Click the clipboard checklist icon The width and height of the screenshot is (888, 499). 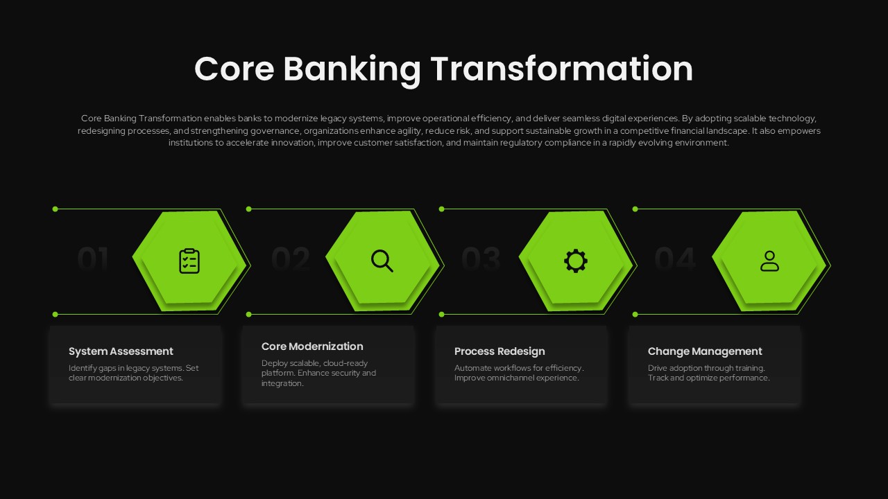pos(189,261)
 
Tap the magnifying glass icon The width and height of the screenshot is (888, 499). pos(382,261)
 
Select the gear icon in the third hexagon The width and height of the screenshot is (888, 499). pos(575,261)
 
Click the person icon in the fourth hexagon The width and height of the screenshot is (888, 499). pos(769,261)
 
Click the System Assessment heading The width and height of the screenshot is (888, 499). pos(121,351)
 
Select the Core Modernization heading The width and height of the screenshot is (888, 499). pos(312,347)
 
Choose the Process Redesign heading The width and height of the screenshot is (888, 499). pos(499,351)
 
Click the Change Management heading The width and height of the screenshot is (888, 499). pos(705,351)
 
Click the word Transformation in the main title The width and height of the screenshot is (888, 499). pos(561,69)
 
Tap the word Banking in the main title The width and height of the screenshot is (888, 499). pos(352,69)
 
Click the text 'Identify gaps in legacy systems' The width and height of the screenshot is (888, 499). pos(126,368)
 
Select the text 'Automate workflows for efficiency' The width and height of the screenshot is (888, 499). pos(518,368)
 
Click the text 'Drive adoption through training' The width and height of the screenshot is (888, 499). pos(706,368)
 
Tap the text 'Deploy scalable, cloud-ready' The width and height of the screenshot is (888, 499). pos(314,363)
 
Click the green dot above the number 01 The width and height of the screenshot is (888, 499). pos(55,209)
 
